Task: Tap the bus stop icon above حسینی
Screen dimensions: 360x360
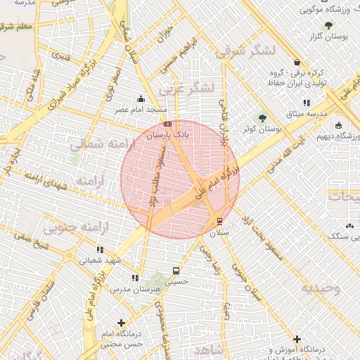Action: coord(175,270)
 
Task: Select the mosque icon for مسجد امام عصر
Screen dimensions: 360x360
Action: coord(142,99)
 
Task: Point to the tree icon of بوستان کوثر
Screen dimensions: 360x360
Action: coord(263,118)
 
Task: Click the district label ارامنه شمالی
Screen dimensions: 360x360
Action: coord(96,146)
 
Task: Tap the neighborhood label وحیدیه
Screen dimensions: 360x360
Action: coord(321,288)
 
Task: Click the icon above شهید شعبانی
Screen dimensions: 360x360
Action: coord(100,250)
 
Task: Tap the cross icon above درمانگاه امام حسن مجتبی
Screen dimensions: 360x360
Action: coord(122,323)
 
